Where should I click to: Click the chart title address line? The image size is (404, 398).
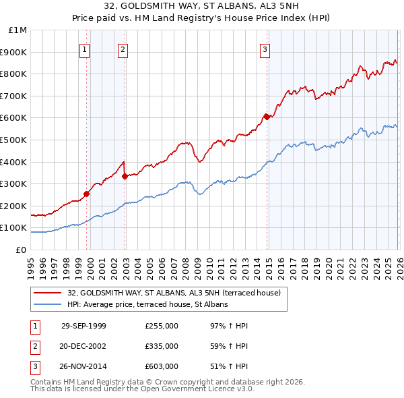[x=202, y=7]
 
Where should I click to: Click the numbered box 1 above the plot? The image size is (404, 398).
[x=85, y=49]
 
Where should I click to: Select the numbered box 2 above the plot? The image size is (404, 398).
[x=123, y=49]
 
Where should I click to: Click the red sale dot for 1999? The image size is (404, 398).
[x=87, y=194]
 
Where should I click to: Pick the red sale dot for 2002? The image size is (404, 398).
[x=125, y=176]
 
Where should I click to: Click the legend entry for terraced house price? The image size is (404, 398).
[x=178, y=293]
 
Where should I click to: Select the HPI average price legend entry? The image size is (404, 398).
[x=147, y=304]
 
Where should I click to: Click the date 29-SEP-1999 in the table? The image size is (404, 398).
[x=83, y=326]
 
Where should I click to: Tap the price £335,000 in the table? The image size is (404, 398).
[x=162, y=346]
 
